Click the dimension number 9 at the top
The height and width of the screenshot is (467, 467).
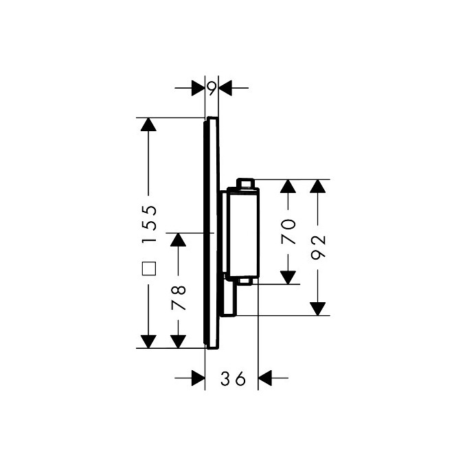(212, 87)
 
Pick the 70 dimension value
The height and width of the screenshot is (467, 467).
(288, 231)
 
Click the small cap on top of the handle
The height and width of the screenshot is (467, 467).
(246, 183)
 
